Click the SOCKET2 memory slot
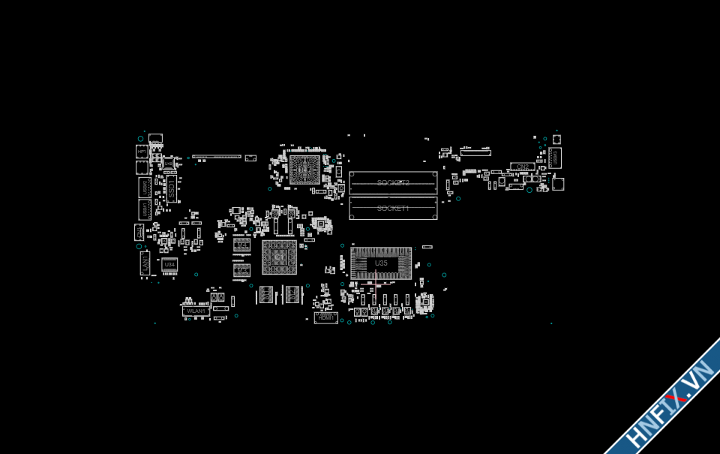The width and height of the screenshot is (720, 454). (x=393, y=183)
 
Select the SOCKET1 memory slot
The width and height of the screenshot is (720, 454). (x=393, y=208)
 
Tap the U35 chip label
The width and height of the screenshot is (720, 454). (x=381, y=263)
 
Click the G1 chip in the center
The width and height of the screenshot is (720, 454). (x=279, y=257)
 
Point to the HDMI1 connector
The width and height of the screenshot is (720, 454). (x=325, y=317)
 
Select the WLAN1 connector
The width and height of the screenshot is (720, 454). (x=196, y=311)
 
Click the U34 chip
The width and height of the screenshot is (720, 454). (x=169, y=265)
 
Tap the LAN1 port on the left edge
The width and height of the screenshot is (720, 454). (x=145, y=263)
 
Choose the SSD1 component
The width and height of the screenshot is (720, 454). (x=171, y=188)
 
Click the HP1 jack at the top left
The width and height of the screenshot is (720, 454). (x=142, y=152)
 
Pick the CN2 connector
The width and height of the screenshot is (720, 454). (x=522, y=167)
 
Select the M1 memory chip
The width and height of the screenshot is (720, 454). (x=266, y=295)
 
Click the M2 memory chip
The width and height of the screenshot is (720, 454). (x=292, y=295)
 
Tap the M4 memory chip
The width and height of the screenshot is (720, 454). (x=241, y=245)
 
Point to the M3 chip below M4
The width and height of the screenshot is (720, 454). (x=241, y=270)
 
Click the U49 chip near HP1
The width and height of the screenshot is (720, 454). (x=169, y=163)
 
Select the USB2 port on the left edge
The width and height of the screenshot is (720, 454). (x=145, y=188)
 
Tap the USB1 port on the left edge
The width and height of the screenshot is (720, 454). (x=145, y=210)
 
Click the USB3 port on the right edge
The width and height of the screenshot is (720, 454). (x=554, y=158)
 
